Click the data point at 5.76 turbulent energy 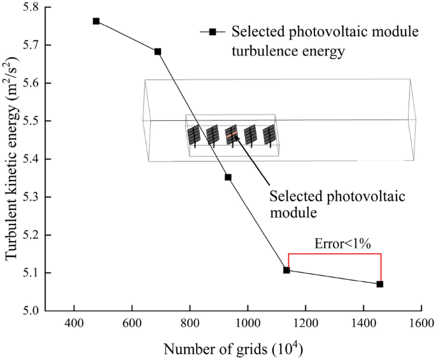pyautogui.click(x=96, y=21)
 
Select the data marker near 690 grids pyautogui.click(x=158, y=52)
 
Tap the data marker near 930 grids pyautogui.click(x=228, y=177)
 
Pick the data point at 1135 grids pyautogui.click(x=286, y=270)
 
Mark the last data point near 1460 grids pyautogui.click(x=380, y=284)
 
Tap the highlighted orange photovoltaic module pyautogui.click(x=232, y=134)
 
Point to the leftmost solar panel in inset pyautogui.click(x=193, y=135)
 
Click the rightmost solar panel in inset pyautogui.click(x=270, y=134)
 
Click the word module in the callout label pyautogui.click(x=293, y=212)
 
